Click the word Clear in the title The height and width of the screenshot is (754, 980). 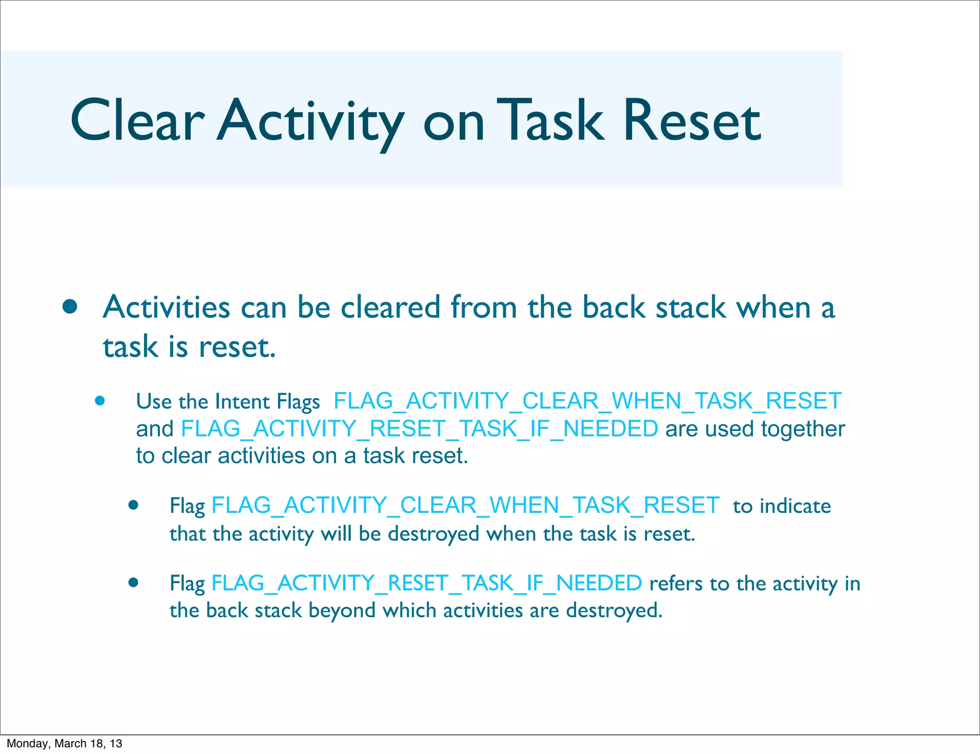coord(137,121)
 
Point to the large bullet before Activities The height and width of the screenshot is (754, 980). coord(70,307)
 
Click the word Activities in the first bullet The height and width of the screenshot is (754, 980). coord(166,307)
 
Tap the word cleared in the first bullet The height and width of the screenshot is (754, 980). coord(390,307)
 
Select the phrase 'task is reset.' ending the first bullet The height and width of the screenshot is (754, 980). coord(189,347)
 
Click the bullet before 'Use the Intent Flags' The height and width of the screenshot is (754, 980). coord(100,400)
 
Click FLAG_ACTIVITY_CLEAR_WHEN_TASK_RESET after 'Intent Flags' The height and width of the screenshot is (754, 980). coord(587,401)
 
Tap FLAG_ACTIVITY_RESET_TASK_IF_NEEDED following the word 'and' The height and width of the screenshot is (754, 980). coord(419,429)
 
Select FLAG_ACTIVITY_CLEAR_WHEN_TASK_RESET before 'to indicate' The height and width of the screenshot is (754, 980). coord(465,506)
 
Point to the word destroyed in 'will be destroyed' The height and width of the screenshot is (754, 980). coord(433,534)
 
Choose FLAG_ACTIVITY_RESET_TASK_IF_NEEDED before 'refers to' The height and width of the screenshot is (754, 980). coord(426,583)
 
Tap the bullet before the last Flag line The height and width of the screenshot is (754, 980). coord(134,582)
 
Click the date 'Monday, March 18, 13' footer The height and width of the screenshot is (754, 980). coord(65,743)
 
